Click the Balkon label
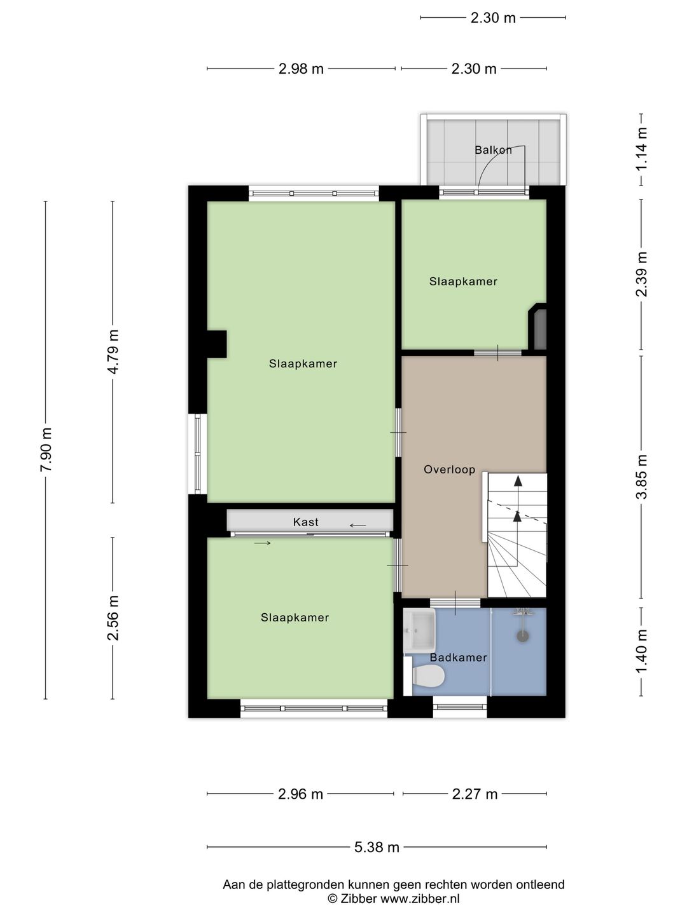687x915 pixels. tap(493, 151)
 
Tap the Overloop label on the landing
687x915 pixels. tap(449, 470)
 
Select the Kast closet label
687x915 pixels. tap(305, 522)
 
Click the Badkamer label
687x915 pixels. tap(458, 658)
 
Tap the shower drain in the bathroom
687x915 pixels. tap(523, 635)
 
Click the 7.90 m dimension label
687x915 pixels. tap(46, 449)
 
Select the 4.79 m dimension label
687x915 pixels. tap(113, 352)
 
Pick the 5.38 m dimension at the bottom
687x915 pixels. tap(377, 847)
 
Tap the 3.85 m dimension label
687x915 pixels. tap(641, 477)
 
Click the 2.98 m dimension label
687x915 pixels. tap(301, 69)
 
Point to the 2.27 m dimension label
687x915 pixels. tap(475, 794)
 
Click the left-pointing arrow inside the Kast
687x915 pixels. tap(358, 525)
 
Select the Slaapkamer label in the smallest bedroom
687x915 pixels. tap(463, 281)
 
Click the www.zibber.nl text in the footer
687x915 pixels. tap(420, 898)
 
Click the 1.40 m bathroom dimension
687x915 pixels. tap(641, 651)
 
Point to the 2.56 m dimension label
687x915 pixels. tap(113, 618)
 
